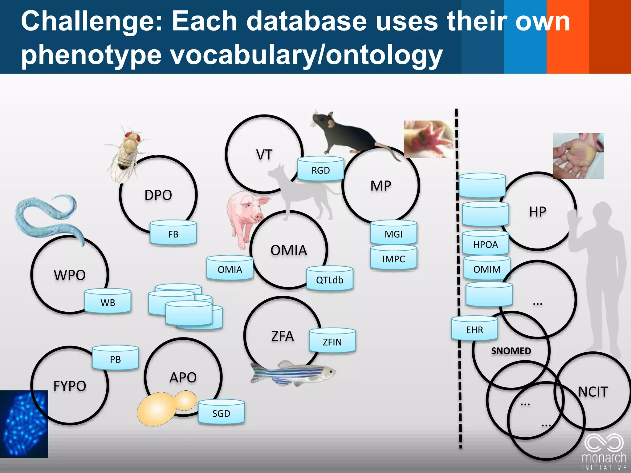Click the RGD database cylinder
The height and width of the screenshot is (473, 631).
[x=320, y=170]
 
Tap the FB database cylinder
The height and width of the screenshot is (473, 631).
[x=173, y=234]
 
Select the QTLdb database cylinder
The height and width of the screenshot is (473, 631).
[x=329, y=279]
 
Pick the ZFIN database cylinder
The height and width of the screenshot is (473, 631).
[x=332, y=341]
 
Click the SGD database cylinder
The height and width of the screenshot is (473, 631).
[x=221, y=413]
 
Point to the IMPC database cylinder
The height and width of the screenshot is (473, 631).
[x=393, y=258]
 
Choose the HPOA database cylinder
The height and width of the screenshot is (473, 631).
[x=486, y=244]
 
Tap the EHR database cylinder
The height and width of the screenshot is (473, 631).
[x=474, y=329]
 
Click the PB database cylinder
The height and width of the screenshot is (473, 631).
[x=115, y=359]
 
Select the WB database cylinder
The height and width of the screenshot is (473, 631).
[x=108, y=302]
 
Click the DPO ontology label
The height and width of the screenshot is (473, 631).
[x=158, y=195]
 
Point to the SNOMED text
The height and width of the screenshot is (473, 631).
[x=511, y=351]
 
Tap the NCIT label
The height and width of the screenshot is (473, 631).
[x=592, y=392]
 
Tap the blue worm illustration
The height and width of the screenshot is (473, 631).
[x=46, y=216]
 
